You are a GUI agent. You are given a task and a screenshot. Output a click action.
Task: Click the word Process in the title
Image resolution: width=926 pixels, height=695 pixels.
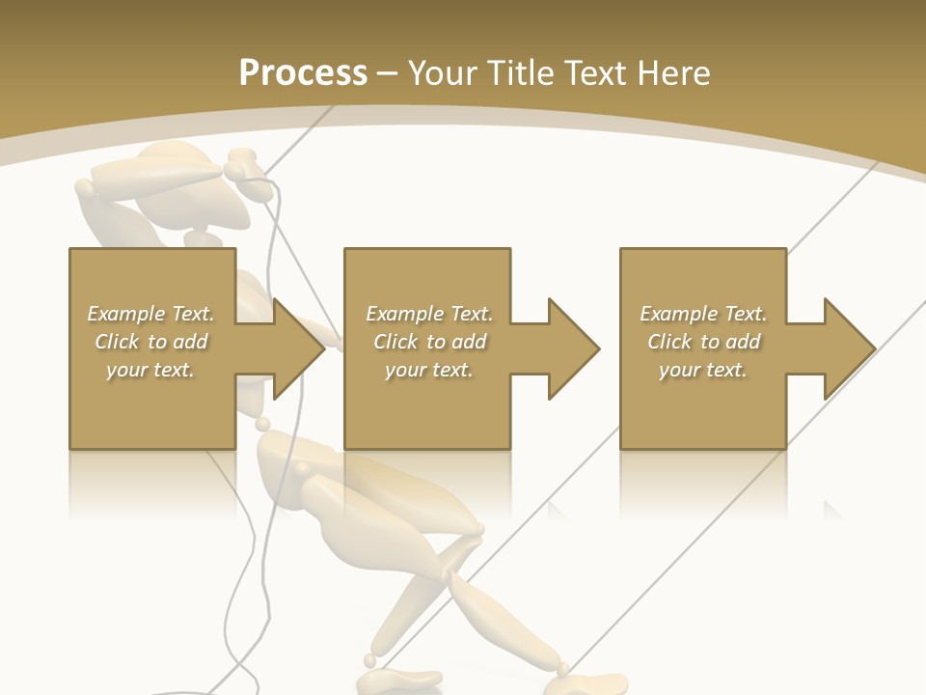(x=303, y=73)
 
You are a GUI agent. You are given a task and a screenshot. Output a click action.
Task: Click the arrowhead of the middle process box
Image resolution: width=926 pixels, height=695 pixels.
(x=572, y=348)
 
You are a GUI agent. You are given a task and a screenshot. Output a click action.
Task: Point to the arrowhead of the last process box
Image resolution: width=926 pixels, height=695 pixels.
(x=848, y=348)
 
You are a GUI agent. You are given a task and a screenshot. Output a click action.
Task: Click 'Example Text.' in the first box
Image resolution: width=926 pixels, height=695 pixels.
(x=151, y=314)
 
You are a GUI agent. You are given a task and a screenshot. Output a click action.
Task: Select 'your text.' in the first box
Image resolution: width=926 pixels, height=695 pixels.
(x=151, y=370)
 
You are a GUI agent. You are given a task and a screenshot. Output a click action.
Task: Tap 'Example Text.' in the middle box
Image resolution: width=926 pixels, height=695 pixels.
(x=429, y=314)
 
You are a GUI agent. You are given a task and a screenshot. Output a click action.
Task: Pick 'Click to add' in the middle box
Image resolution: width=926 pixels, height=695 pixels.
(x=429, y=342)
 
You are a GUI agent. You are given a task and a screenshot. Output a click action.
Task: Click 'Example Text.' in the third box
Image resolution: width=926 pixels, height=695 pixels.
(x=703, y=314)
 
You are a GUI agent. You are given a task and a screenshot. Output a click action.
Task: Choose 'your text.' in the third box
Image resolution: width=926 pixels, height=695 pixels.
(x=703, y=370)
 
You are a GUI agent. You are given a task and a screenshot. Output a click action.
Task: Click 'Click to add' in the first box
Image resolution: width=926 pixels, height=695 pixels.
(x=151, y=342)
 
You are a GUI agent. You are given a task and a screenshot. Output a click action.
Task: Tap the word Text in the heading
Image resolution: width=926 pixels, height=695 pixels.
(x=595, y=73)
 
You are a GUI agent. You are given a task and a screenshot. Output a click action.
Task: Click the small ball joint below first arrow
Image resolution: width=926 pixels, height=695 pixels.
(x=262, y=424)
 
